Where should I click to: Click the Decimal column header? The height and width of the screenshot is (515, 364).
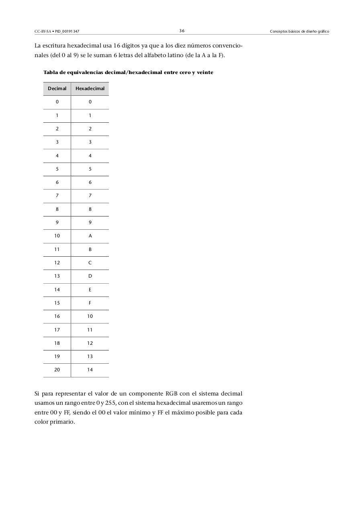pyautogui.click(x=57, y=89)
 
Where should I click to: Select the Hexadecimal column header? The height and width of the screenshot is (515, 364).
pyautogui.click(x=90, y=89)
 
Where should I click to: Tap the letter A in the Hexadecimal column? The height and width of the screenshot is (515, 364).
pyautogui.click(x=90, y=236)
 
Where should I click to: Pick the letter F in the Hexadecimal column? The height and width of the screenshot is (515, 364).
pyautogui.click(x=90, y=303)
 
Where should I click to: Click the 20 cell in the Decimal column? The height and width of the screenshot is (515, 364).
pyautogui.click(x=57, y=370)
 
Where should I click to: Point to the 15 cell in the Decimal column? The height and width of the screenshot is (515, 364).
pyautogui.click(x=57, y=303)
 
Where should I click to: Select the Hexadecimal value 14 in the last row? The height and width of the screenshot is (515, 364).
pyautogui.click(x=90, y=370)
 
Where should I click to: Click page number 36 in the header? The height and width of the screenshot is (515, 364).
pyautogui.click(x=182, y=31)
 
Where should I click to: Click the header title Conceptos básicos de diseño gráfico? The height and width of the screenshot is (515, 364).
pyautogui.click(x=299, y=31)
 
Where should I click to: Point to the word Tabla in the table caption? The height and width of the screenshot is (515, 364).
pyautogui.click(x=51, y=72)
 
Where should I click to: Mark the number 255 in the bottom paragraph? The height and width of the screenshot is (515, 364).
pyautogui.click(x=110, y=403)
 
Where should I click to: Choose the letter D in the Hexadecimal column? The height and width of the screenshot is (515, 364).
pyautogui.click(x=90, y=276)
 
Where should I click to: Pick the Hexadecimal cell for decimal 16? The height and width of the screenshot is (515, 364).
pyautogui.click(x=90, y=316)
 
